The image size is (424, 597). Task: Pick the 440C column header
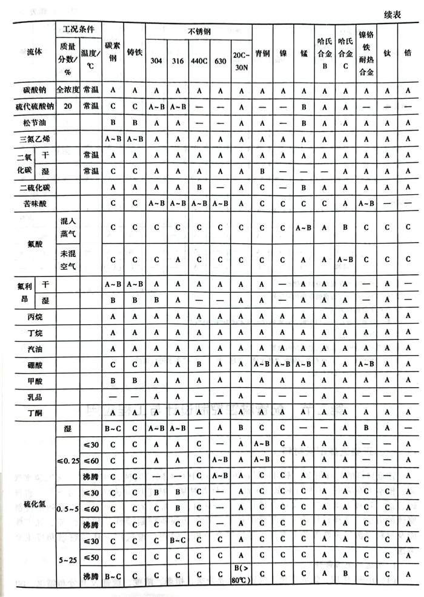199,61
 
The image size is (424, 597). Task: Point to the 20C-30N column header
240,61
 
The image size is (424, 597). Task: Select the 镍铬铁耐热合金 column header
365,53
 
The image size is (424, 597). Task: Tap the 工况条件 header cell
78,28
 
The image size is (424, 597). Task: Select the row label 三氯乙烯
30,139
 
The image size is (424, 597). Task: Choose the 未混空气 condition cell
67,258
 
